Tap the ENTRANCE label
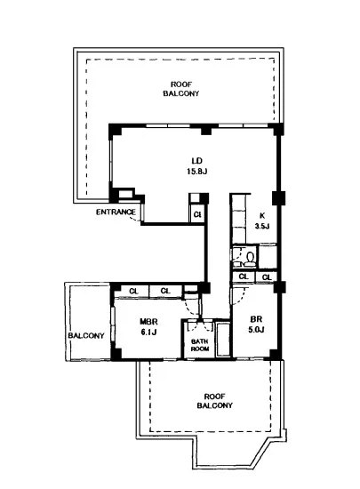point(116,212)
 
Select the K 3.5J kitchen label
point(262,220)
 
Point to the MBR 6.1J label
point(148,326)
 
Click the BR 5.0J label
point(256,325)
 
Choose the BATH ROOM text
point(200,345)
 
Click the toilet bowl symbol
point(250,258)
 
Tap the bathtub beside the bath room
point(223,340)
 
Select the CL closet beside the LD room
point(197,214)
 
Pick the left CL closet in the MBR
point(133,291)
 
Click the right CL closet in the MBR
point(165,291)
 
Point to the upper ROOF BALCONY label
point(181,89)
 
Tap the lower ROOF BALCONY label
point(215,401)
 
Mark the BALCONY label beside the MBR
point(86,336)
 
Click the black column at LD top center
point(205,130)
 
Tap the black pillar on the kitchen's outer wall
point(278,198)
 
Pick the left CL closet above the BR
point(244,277)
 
